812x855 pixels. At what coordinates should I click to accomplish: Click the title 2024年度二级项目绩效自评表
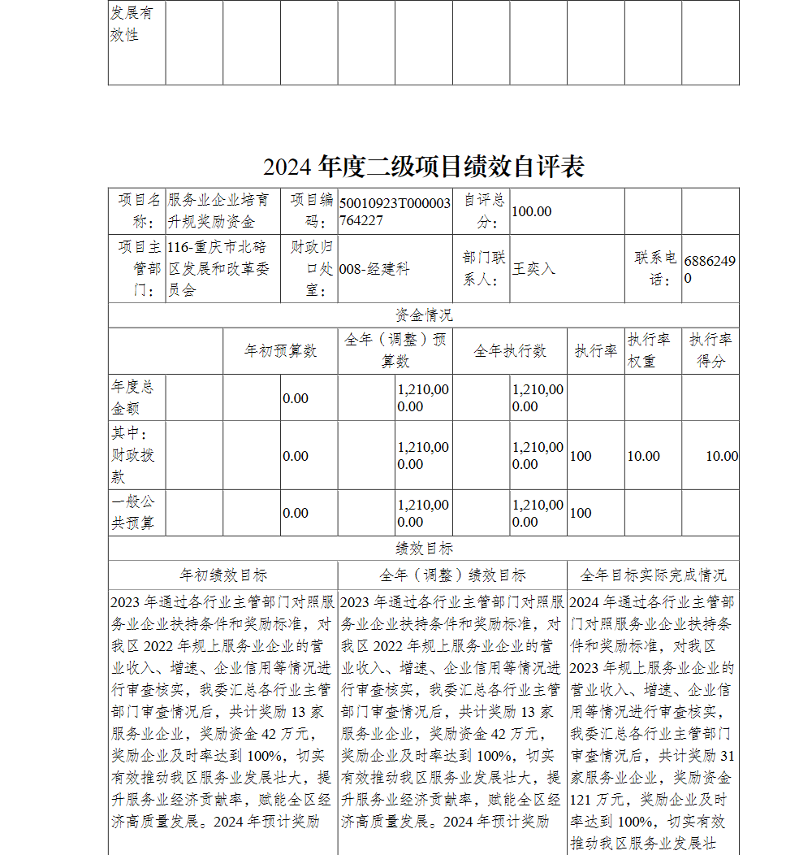click(x=423, y=167)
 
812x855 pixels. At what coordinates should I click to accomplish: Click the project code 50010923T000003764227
click(x=395, y=211)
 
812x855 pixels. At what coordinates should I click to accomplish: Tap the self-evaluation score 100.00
click(x=532, y=211)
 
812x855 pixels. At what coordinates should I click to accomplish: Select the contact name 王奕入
click(x=533, y=268)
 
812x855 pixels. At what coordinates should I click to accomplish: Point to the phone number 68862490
click(x=710, y=269)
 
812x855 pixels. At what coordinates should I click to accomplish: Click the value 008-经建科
click(x=374, y=269)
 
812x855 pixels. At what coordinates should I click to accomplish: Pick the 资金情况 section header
click(x=423, y=315)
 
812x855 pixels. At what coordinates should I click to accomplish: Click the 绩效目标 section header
click(x=423, y=549)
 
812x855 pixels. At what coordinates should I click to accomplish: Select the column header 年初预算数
click(x=280, y=351)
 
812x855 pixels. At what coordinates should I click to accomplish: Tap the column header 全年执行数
click(x=509, y=351)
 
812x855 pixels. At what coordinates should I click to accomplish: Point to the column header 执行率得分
click(x=710, y=350)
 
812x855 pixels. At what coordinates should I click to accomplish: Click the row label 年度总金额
click(x=132, y=397)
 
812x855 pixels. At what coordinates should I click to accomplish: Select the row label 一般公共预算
click(x=132, y=513)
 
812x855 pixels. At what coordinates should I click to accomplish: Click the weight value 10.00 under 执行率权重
click(x=643, y=456)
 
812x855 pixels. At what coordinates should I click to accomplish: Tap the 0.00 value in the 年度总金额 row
click(x=296, y=398)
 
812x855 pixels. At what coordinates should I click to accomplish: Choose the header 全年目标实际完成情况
click(x=653, y=575)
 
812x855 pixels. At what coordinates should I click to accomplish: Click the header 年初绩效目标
click(x=222, y=575)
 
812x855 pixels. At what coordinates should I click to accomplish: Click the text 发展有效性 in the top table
click(x=131, y=24)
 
